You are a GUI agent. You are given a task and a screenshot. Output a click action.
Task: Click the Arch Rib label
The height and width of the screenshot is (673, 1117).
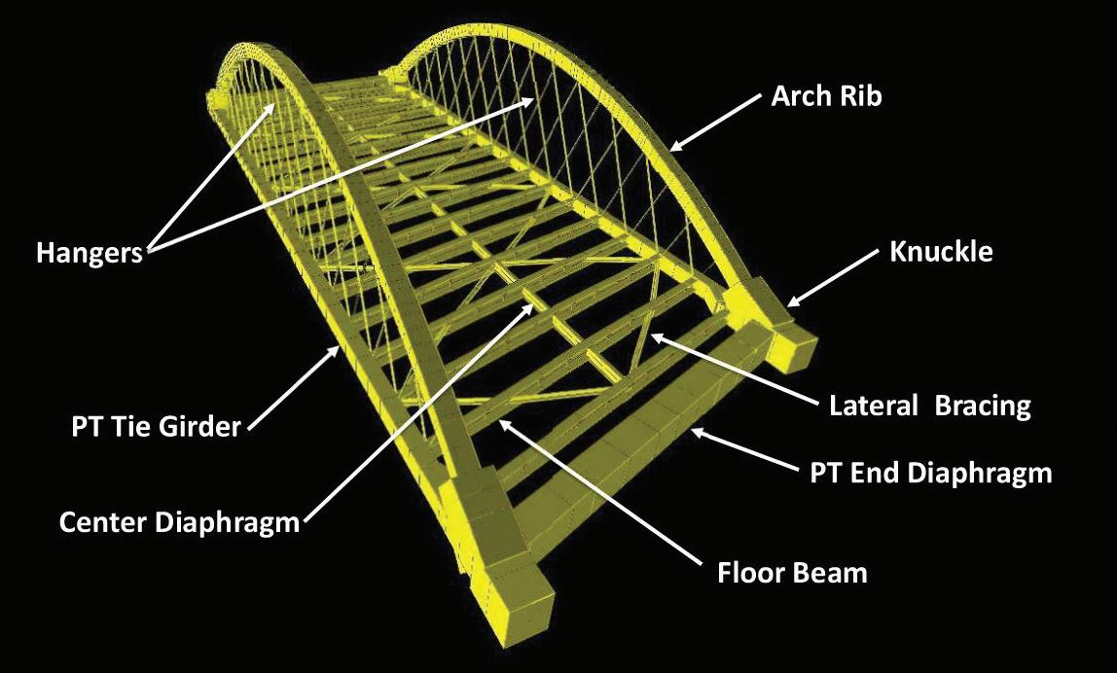click(x=826, y=96)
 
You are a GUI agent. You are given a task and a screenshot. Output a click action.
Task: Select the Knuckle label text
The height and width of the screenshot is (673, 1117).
click(x=941, y=252)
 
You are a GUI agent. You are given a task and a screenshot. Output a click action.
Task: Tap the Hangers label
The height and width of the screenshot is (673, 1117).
click(x=90, y=253)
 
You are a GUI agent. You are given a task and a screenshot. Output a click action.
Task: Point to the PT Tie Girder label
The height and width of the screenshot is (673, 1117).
click(x=156, y=426)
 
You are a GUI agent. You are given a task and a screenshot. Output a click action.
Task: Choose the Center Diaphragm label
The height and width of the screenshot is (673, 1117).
click(x=179, y=522)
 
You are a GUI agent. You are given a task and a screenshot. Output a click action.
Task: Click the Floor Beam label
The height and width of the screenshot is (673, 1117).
click(x=792, y=571)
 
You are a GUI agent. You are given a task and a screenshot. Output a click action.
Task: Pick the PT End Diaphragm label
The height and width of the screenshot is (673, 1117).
click(x=931, y=474)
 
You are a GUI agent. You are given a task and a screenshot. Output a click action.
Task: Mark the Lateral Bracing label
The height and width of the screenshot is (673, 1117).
click(x=929, y=406)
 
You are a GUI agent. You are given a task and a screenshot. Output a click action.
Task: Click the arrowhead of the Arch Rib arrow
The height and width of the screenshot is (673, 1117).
click(x=671, y=150)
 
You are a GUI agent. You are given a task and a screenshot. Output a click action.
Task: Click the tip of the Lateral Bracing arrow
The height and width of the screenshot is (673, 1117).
click(x=652, y=336)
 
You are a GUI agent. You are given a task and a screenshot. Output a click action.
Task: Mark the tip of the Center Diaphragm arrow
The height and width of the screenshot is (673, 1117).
click(x=535, y=303)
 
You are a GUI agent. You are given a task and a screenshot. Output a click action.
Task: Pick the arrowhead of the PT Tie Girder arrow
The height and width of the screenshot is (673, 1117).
click(x=340, y=345)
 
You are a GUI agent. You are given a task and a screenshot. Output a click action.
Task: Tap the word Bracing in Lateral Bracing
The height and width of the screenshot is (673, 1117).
click(x=982, y=406)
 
